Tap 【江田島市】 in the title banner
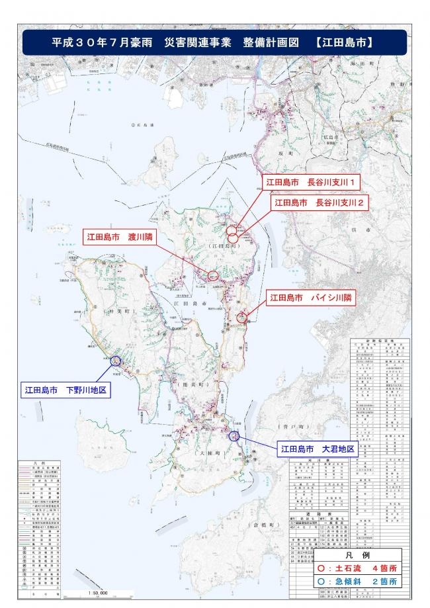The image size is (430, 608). click(342, 42)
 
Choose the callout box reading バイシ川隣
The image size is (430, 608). click(310, 298)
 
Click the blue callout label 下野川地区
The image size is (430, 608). click(65, 390)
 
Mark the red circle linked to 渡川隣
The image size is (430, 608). click(213, 275)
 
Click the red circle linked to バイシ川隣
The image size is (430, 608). click(241, 318)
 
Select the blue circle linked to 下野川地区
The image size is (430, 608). click(116, 361)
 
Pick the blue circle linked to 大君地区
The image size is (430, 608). click(233, 436)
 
